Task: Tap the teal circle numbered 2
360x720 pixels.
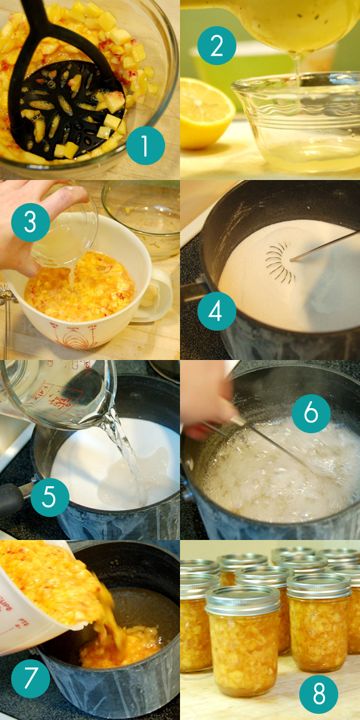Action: point(217,46)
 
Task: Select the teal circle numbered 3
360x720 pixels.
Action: point(30,222)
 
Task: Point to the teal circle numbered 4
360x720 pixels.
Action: point(217,311)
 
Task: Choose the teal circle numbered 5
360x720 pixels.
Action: point(49,497)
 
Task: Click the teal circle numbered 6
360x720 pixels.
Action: point(311,413)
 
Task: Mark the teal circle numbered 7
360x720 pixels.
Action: point(30,678)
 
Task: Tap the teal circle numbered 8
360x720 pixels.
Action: point(319,694)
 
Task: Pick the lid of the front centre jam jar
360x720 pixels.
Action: point(242,600)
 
